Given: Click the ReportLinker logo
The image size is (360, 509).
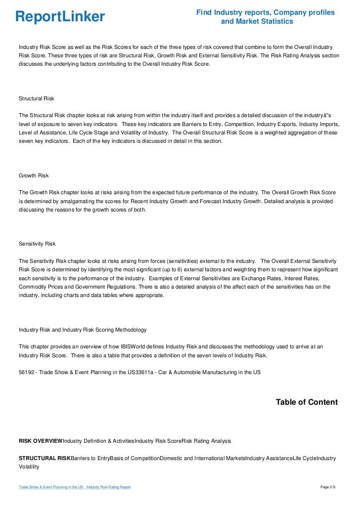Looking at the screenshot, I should [x=60, y=17].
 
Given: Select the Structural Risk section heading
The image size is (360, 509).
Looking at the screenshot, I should [x=36, y=98].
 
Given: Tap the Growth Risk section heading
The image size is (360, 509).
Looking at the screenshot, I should [x=34, y=175].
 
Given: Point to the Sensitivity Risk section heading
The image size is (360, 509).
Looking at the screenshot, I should [x=37, y=244].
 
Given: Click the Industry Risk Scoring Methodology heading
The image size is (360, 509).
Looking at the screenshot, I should [x=82, y=330].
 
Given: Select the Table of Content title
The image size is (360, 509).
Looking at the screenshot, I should [x=307, y=402].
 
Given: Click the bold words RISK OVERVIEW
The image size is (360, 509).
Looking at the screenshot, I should [x=41, y=440].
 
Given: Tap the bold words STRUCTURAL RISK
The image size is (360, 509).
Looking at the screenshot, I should [x=45, y=459].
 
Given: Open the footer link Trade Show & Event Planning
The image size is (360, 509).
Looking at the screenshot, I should [x=74, y=487].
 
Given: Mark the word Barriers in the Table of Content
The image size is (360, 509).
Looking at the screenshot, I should [x=82, y=459].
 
